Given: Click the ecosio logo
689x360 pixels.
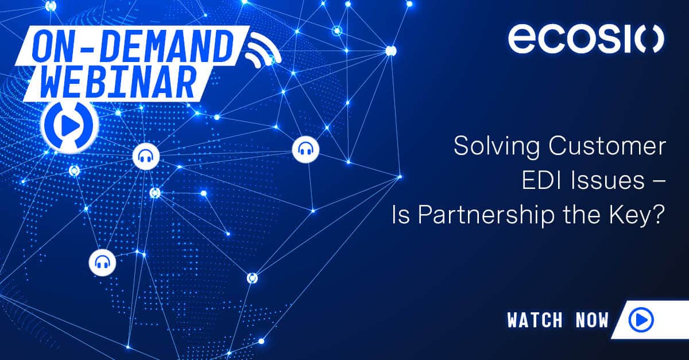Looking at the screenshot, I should tap(586, 39).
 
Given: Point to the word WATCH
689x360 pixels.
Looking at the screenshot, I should tap(535, 320).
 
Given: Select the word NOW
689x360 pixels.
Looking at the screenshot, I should tap(591, 320).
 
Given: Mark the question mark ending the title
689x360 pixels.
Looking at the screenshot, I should tap(659, 215).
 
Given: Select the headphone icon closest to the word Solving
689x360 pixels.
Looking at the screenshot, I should tap(305, 150).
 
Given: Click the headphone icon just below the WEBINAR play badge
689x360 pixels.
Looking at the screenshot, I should tap(146, 156).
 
